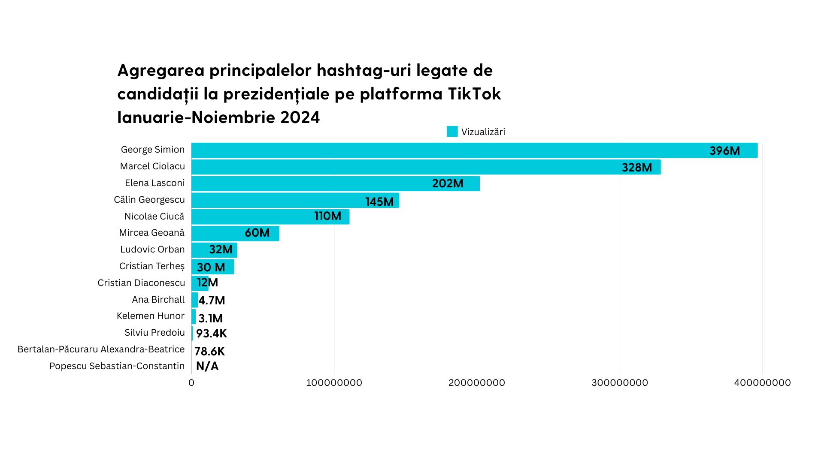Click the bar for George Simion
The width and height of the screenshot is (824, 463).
click(429, 150)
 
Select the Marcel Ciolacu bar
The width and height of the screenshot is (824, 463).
click(386, 167)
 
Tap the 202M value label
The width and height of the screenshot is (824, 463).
click(448, 183)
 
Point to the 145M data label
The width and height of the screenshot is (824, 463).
click(379, 201)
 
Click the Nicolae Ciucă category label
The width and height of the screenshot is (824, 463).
click(154, 216)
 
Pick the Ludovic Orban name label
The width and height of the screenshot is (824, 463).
click(152, 250)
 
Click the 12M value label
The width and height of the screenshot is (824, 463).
click(207, 283)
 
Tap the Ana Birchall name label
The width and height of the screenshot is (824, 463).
click(158, 300)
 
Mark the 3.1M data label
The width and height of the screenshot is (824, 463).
click(210, 319)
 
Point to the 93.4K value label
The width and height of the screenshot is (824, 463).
click(211, 334)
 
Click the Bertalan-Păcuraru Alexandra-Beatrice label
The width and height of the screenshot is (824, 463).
click(101, 349)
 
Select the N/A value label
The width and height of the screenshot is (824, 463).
click(207, 366)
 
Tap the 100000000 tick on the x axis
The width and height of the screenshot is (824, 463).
click(334, 383)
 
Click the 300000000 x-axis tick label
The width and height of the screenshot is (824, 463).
click(620, 383)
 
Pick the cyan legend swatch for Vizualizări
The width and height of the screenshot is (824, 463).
click(452, 132)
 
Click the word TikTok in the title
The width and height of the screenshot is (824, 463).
click(474, 94)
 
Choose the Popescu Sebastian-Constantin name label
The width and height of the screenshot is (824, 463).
click(117, 366)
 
